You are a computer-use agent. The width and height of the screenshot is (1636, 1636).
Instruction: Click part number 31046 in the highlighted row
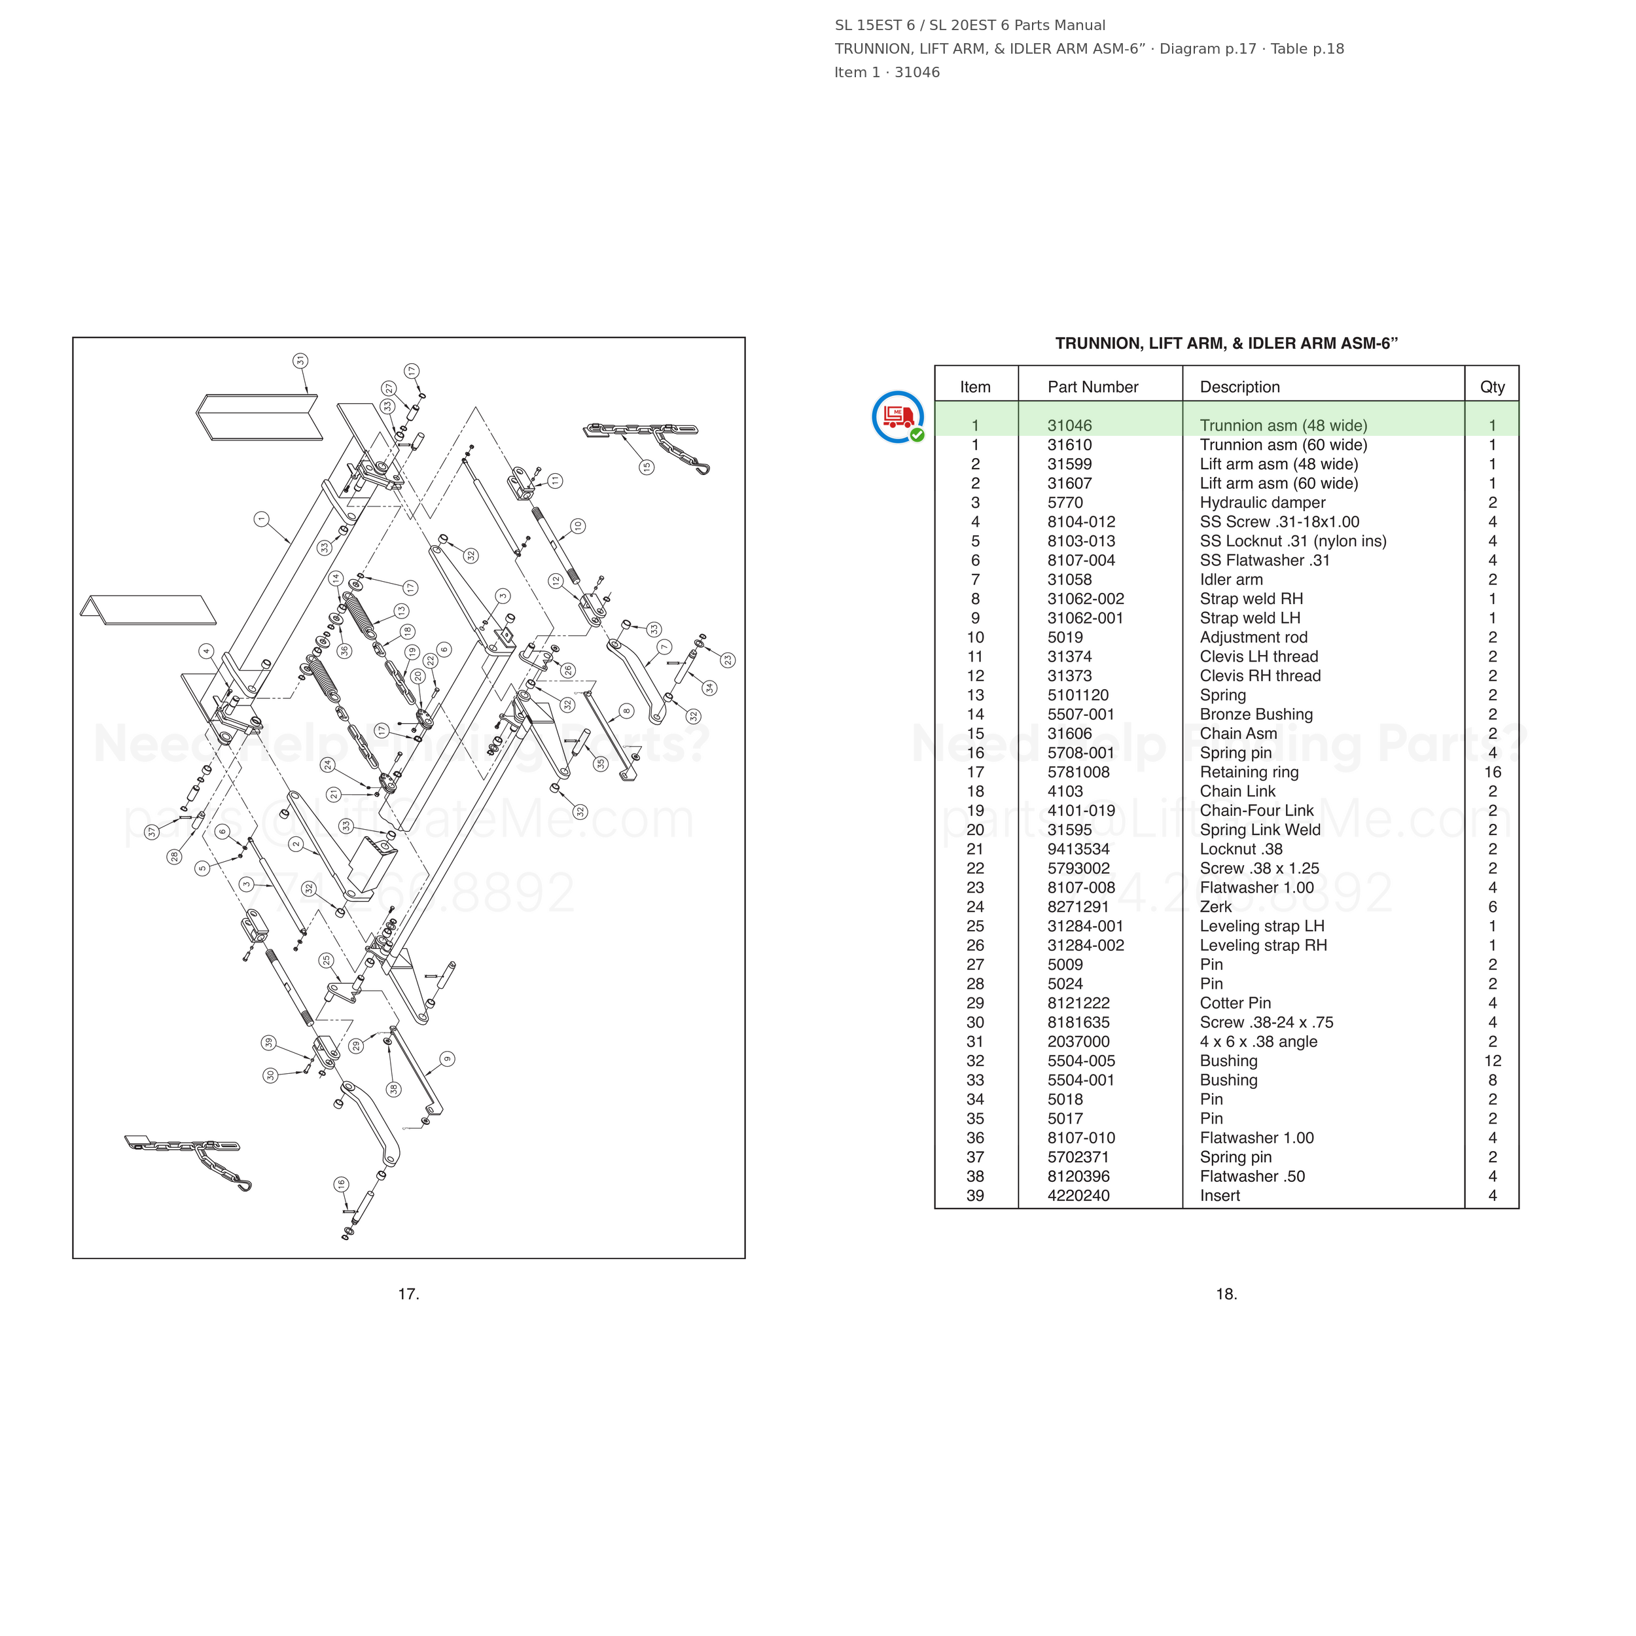(x=1069, y=426)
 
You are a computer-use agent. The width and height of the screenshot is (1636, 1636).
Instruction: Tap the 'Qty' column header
(x=1492, y=387)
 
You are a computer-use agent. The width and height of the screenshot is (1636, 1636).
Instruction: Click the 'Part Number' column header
(x=1092, y=387)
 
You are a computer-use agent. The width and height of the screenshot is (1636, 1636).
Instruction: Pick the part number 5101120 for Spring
(x=1078, y=695)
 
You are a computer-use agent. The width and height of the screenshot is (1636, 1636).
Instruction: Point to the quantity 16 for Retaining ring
(x=1492, y=772)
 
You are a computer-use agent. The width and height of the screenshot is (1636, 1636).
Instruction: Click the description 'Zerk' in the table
(x=1216, y=907)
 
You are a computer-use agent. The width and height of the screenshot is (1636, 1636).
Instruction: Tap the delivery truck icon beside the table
(x=898, y=417)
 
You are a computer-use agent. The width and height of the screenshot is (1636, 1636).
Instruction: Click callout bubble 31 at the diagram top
(x=300, y=361)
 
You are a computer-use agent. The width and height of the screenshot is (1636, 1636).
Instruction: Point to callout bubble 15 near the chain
(x=646, y=467)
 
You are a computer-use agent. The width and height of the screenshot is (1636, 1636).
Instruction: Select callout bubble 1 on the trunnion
(x=262, y=519)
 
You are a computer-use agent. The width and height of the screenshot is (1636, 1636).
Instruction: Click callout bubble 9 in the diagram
(x=447, y=1058)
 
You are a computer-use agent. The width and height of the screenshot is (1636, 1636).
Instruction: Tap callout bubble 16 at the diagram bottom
(x=341, y=1184)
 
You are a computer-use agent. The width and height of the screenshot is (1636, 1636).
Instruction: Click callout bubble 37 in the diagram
(x=152, y=832)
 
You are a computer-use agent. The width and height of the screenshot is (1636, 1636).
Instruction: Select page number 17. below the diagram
(x=409, y=1294)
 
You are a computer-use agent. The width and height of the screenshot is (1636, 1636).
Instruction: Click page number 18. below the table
(x=1226, y=1294)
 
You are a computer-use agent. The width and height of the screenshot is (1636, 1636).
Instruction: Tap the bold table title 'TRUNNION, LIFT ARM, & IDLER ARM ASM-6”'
(x=1226, y=343)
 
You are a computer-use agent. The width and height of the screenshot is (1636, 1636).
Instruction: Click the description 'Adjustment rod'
(x=1253, y=637)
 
